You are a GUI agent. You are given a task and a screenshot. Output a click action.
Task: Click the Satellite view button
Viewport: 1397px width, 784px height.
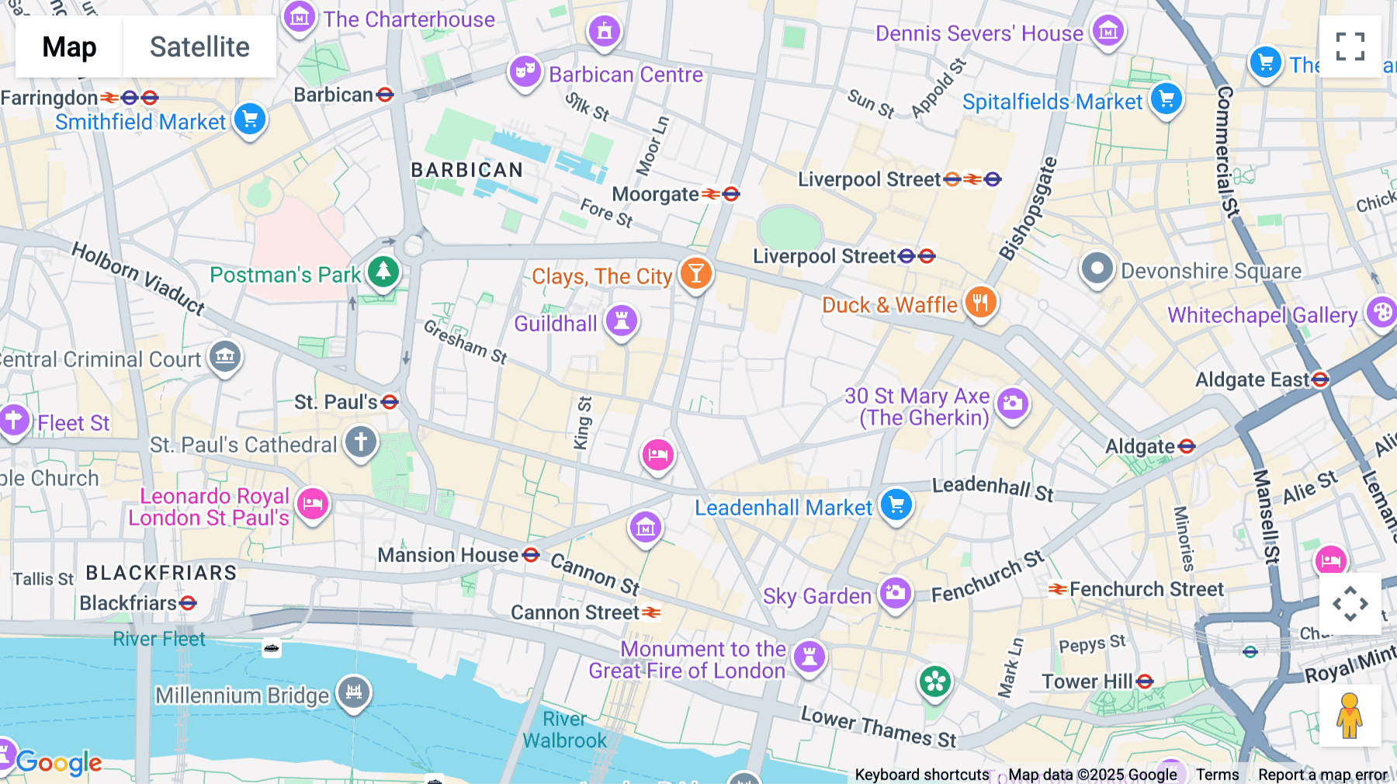(199, 47)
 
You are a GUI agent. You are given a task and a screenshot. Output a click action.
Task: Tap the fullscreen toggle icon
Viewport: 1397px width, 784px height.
(1350, 47)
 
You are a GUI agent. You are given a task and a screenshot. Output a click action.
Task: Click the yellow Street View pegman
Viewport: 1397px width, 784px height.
(1350, 716)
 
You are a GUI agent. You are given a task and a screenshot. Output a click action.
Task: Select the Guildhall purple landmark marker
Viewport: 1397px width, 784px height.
(621, 321)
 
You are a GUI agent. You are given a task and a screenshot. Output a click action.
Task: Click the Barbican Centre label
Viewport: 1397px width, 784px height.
(626, 75)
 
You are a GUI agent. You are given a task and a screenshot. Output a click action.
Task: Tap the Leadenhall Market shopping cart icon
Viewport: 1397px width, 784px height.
(896, 505)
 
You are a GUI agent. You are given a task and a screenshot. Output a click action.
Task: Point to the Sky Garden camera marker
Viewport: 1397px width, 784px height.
(895, 593)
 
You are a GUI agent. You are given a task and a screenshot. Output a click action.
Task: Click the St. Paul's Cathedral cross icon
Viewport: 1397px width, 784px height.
(361, 442)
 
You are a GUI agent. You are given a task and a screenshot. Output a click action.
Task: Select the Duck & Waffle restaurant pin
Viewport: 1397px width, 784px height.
(980, 303)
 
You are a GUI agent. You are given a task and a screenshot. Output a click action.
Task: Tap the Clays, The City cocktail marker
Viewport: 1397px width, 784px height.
(695, 273)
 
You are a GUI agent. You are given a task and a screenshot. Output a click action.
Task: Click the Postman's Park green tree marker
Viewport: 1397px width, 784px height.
(383, 272)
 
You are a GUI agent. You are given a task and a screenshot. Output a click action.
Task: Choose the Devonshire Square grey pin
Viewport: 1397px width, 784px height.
(1097, 269)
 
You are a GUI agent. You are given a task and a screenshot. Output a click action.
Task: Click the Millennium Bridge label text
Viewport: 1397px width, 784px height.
(242, 696)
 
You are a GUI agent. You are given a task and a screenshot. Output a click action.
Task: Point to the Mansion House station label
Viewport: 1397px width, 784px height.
(448, 555)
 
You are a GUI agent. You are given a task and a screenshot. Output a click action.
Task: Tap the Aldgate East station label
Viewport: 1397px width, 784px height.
(1251, 380)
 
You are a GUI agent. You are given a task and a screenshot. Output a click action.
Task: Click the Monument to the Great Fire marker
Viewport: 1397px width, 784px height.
(809, 657)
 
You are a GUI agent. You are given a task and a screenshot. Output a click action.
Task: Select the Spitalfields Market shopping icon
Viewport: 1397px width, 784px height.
(1166, 99)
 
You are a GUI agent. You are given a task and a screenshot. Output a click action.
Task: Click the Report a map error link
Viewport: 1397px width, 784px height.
(1322, 775)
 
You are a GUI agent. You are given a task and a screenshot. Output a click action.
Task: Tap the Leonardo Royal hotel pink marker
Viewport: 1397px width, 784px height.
(313, 504)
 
